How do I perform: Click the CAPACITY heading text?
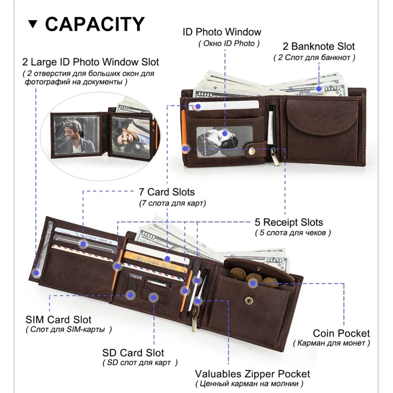point(95,24)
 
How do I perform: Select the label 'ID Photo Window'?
point(222,32)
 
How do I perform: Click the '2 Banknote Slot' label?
point(318,47)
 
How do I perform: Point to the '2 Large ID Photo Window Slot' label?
point(90,62)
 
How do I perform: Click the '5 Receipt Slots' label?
point(289,222)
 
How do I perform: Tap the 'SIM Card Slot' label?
point(58,320)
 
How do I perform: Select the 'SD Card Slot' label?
point(133,353)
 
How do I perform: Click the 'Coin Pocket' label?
point(341,334)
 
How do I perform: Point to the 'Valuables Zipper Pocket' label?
point(253,374)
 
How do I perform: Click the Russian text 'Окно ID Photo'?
point(226,43)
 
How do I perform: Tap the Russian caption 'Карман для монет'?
point(332,343)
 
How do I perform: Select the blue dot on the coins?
point(253,282)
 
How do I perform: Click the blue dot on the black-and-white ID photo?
point(225,133)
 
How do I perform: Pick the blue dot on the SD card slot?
point(153,298)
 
